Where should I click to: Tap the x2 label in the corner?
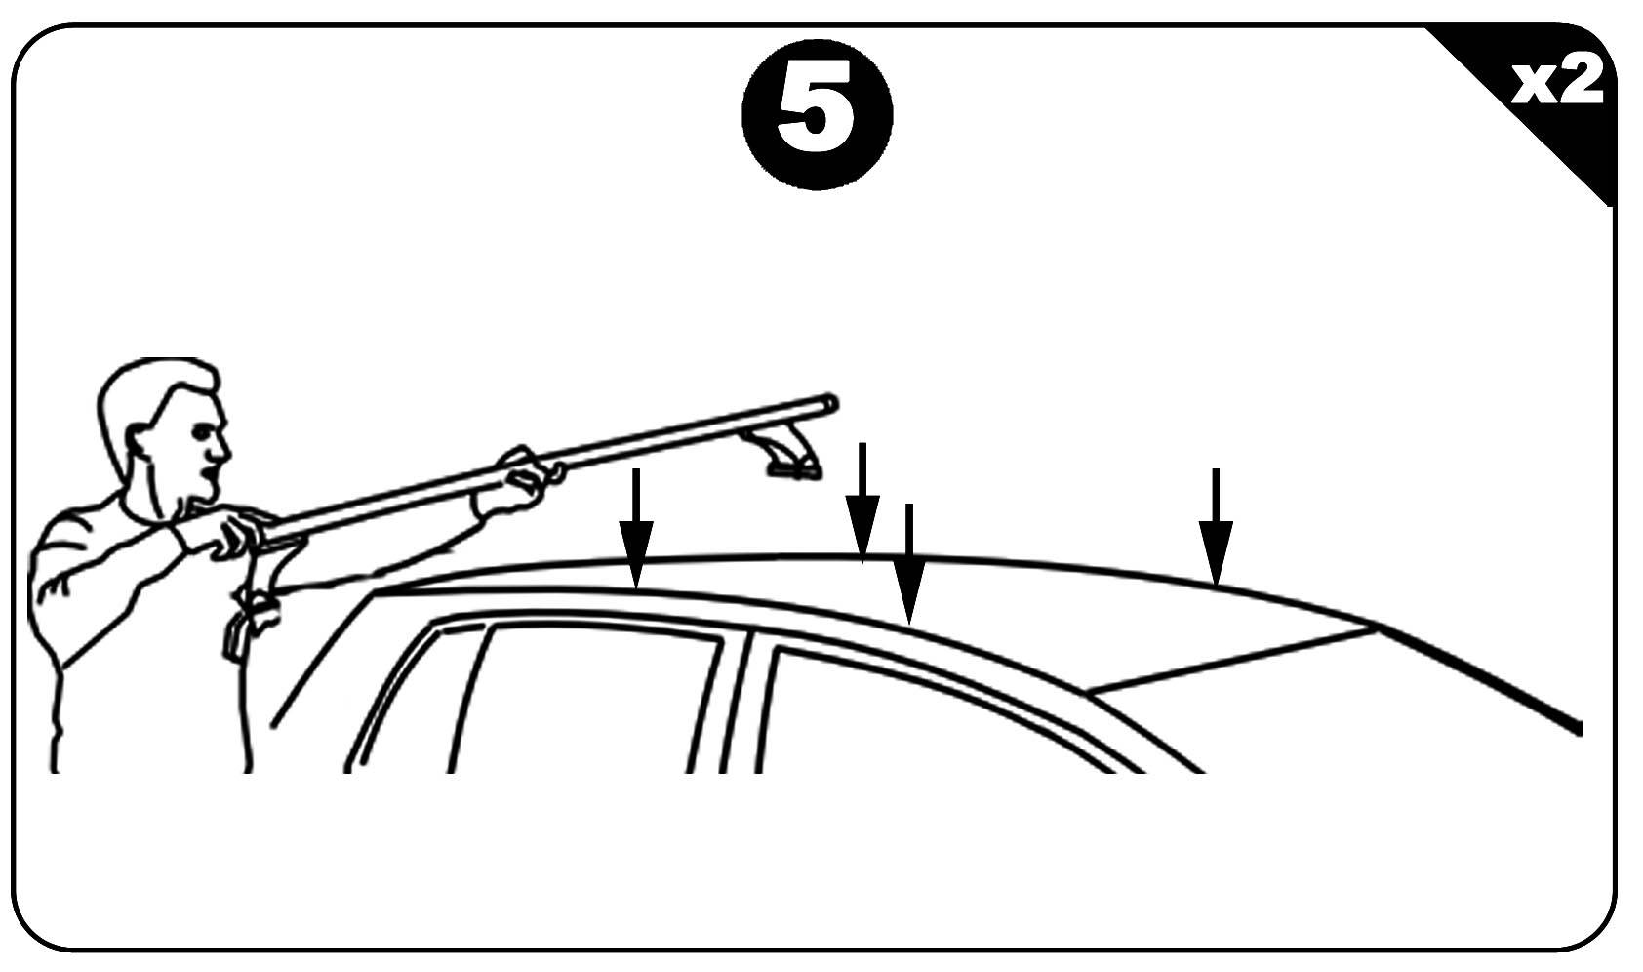tap(1558, 82)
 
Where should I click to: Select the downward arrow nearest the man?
tap(636, 528)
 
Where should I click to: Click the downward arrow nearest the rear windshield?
tap(1216, 527)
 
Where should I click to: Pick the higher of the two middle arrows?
tap(862, 503)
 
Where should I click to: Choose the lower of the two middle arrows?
tap(908, 563)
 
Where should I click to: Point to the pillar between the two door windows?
tap(736, 705)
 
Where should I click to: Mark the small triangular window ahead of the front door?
tap(411, 697)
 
